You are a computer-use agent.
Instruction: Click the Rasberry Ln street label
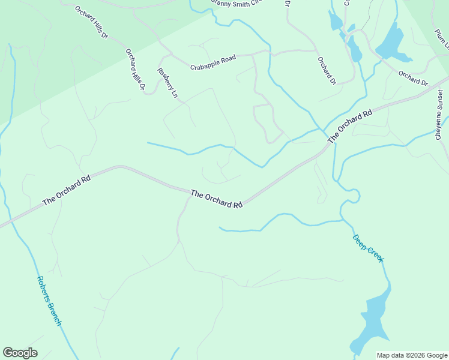(x=167, y=82)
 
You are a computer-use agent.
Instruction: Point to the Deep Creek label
(x=367, y=248)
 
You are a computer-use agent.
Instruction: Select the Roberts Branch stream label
(x=49, y=301)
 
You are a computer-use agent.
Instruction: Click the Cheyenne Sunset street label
(x=439, y=115)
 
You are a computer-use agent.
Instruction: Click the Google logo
(x=20, y=353)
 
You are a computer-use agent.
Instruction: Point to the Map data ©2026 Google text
(x=411, y=355)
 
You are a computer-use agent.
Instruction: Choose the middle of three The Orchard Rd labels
(x=216, y=199)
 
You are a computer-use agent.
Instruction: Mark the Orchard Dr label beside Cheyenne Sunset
(x=412, y=78)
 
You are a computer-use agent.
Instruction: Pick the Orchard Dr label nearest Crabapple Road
(x=327, y=70)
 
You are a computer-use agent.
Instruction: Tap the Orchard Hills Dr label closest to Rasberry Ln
(x=135, y=70)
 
